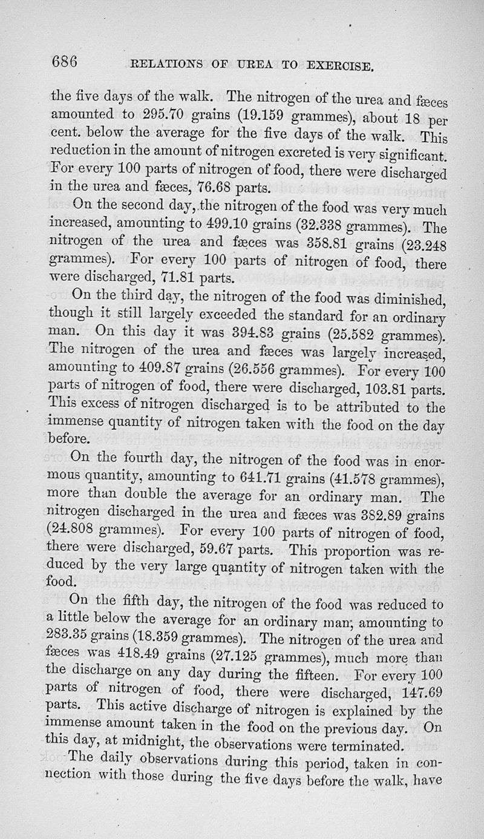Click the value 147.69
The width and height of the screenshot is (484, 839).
423,692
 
